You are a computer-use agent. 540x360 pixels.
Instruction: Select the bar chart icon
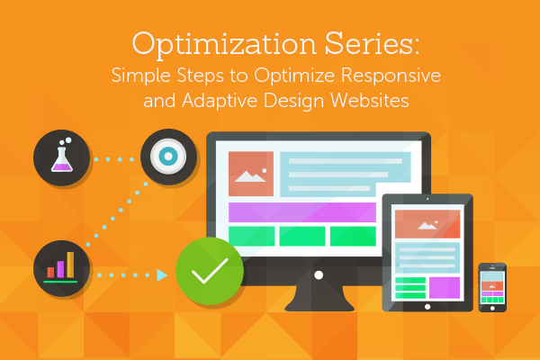pos(59,266)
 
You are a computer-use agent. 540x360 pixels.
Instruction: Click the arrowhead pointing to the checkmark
pos(162,274)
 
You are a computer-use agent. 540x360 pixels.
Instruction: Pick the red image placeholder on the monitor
pos(250,174)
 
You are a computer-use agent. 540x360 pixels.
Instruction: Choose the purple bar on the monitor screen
pos(301,212)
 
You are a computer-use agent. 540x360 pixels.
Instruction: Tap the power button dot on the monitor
pos(317,274)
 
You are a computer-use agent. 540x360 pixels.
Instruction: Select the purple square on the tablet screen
pos(444,287)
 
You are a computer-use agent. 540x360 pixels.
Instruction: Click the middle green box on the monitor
pos(301,236)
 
